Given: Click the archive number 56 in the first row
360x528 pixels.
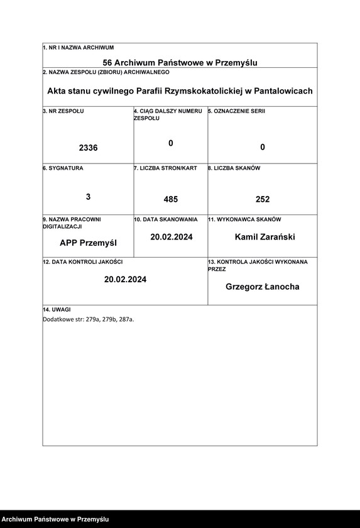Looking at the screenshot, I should [x=107, y=63].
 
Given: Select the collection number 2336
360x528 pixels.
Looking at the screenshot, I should [x=88, y=148].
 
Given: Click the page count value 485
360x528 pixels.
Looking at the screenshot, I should [x=171, y=199].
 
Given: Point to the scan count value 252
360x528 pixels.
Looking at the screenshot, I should [x=263, y=199].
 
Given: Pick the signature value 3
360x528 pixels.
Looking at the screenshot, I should [x=88, y=197].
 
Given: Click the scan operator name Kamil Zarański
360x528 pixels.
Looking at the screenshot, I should [x=265, y=237].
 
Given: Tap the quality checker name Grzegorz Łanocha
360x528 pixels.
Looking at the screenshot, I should [x=263, y=287].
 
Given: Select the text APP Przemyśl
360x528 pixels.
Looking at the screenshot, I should [x=88, y=243].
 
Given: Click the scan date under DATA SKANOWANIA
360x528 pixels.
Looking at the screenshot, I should [x=171, y=237].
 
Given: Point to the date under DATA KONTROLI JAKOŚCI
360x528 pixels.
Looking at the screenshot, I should [x=125, y=279].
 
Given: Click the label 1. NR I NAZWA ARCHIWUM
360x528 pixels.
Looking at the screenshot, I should [x=79, y=48].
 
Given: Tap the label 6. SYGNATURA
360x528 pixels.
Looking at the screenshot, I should [x=63, y=168].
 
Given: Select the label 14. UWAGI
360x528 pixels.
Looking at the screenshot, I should [x=57, y=310].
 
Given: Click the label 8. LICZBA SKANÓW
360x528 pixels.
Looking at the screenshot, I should [x=234, y=168].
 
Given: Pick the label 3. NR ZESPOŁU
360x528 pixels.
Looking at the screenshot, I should [x=63, y=111].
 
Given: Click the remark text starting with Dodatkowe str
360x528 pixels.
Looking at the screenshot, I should [x=88, y=319].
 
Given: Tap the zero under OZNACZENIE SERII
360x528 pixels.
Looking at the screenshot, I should [x=263, y=148].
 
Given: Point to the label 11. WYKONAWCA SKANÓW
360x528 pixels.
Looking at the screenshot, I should [x=244, y=219].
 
